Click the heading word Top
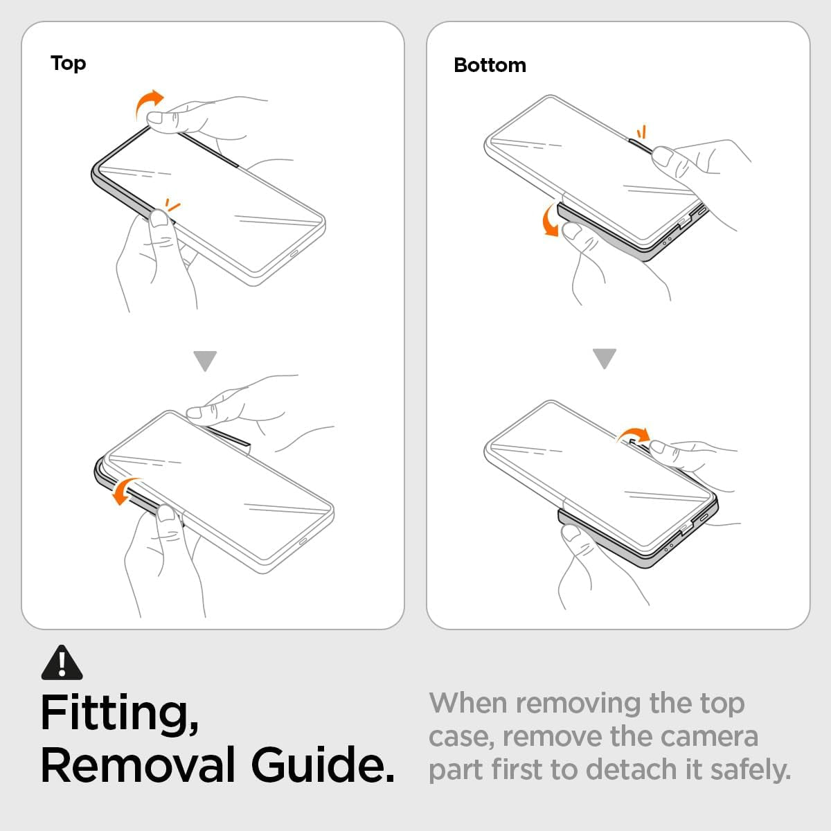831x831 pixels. click(x=68, y=64)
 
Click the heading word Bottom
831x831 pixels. click(x=490, y=66)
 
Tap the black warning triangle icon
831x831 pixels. click(x=62, y=663)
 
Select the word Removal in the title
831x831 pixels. click(x=138, y=765)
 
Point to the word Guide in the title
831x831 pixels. click(x=323, y=765)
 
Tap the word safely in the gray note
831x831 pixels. click(x=751, y=771)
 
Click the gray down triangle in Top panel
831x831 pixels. click(x=205, y=361)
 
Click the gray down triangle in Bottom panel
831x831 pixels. click(x=604, y=358)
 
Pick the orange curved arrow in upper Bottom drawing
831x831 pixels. click(x=549, y=220)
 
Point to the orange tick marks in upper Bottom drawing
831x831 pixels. click(x=642, y=132)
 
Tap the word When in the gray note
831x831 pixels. click(x=468, y=703)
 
